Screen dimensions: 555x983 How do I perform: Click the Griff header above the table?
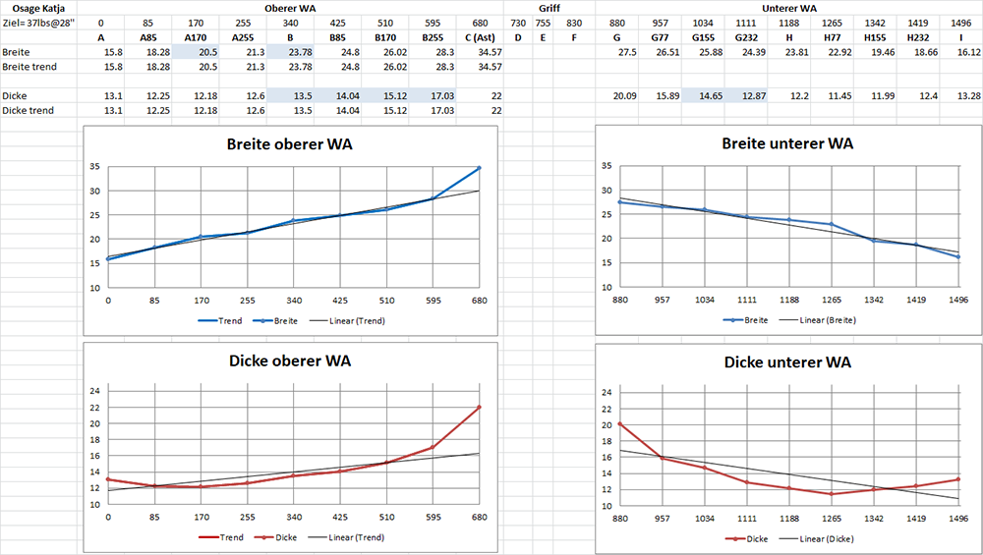(549, 8)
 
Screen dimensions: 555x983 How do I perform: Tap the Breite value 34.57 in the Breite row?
(489, 52)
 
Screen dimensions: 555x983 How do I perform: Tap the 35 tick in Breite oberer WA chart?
(93, 168)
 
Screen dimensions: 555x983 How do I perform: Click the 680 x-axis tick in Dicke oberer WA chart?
(480, 517)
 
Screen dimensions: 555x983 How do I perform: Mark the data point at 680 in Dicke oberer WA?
(480, 407)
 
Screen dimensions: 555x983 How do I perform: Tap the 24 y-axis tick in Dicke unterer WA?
(605, 392)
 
